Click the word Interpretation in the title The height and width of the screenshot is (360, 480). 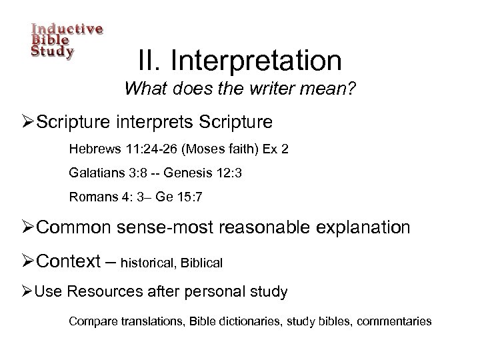coord(256,61)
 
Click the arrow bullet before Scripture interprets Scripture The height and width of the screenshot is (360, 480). coord(27,122)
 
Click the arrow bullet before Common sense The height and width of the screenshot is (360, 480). coord(27,229)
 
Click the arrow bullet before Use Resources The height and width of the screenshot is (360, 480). coord(27,291)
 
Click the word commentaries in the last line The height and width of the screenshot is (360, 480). coord(395,321)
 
